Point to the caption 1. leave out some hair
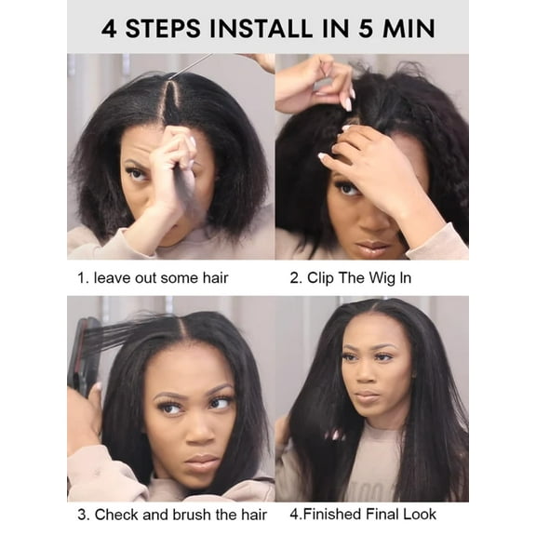click(x=153, y=277)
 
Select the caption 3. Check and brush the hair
click(x=171, y=515)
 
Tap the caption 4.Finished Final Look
click(x=362, y=515)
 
